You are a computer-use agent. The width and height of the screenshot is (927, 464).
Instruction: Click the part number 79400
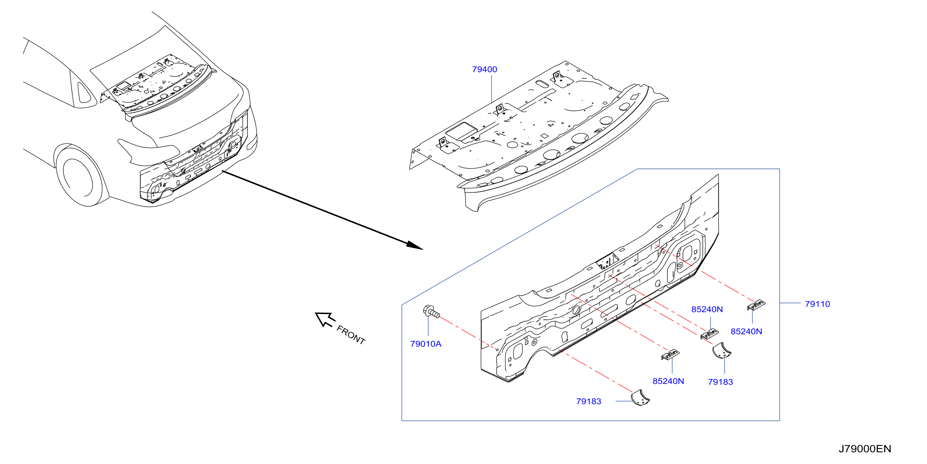484,69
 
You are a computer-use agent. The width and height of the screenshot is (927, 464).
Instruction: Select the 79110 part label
817,304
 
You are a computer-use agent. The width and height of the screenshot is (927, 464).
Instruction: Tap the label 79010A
426,344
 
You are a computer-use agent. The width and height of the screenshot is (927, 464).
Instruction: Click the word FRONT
351,335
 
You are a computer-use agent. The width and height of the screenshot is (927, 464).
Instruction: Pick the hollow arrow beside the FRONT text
325,320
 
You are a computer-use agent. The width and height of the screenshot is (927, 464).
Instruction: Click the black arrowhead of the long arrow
414,245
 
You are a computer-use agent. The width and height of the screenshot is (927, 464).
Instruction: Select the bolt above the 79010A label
431,312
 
